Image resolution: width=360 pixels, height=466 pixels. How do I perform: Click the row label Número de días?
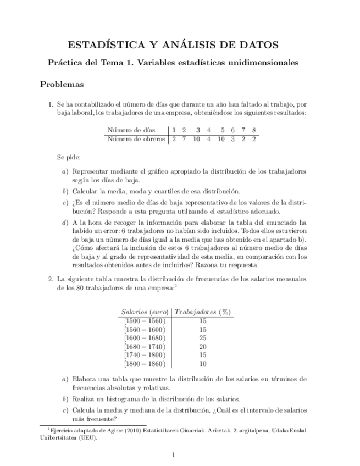coord(131,130)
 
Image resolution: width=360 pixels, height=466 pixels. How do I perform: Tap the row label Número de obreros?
coord(136,139)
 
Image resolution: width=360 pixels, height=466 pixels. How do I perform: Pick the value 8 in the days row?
coord(254,130)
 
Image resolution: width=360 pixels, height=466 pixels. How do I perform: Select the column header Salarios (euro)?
coord(145,312)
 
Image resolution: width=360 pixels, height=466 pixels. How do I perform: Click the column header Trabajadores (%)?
coord(202,312)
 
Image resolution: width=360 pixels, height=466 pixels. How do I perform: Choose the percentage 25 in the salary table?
coord(203,337)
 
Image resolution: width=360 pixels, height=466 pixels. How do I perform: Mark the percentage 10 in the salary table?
coord(203,364)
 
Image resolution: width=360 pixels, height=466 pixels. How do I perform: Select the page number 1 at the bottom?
coord(173,454)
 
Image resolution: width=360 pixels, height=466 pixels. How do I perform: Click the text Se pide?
coord(68,157)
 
